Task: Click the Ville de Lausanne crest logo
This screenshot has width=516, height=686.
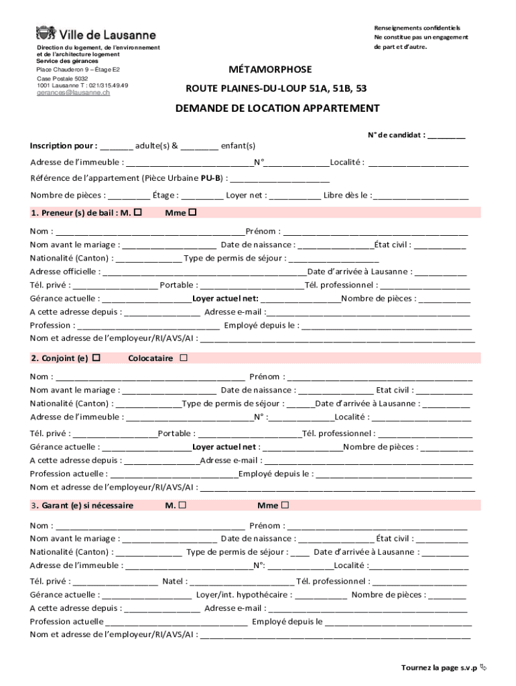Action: tap(46, 34)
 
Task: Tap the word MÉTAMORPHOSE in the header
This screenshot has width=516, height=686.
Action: tap(270, 70)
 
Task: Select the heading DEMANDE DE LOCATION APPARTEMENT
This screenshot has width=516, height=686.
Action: tap(277, 108)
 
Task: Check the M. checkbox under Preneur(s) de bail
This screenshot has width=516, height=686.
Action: tap(138, 213)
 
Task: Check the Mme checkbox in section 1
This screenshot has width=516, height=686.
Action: tap(192, 213)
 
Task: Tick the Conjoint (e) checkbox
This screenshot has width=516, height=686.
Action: tap(96, 358)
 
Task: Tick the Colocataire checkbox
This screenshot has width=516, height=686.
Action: tap(184, 358)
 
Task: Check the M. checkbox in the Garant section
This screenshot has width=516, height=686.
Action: tap(182, 505)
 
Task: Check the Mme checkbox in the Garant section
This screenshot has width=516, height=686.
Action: tap(285, 505)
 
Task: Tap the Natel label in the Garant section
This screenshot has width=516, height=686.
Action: tap(174, 581)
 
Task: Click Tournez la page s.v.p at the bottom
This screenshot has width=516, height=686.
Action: tap(439, 667)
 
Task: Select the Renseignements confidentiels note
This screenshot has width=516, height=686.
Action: tap(417, 28)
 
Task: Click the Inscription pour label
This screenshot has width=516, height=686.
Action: tap(63, 145)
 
